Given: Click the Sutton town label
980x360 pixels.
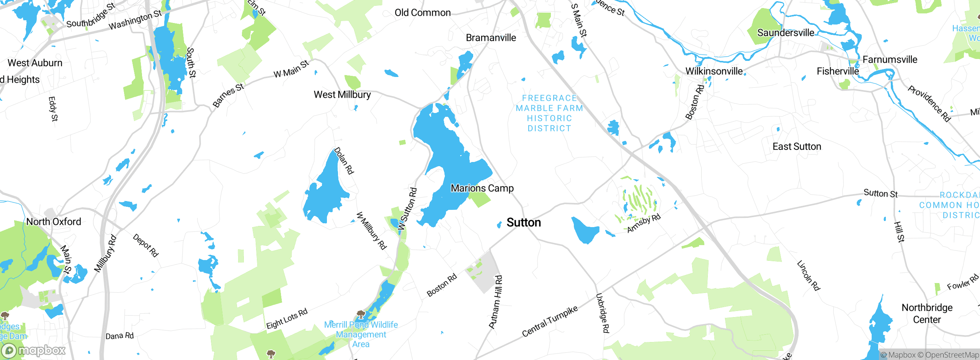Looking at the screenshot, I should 524,223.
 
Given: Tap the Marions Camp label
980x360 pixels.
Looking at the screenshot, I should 482,188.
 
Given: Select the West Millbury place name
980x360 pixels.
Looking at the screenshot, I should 342,95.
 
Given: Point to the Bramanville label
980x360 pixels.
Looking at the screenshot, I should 491,38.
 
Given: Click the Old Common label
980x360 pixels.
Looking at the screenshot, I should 423,13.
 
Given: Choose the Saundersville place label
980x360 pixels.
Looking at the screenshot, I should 786,33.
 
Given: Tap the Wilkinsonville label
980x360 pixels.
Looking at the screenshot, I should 714,71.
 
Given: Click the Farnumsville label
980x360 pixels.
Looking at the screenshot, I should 890,59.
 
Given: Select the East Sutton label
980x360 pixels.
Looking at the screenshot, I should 797,146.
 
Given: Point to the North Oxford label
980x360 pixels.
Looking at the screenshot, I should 54,221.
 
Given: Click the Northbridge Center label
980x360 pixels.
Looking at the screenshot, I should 927,313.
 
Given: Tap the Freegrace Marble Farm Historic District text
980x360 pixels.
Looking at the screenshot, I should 549,113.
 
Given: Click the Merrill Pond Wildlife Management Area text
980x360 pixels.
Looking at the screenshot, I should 361,334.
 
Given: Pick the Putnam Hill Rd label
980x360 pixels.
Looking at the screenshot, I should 496,302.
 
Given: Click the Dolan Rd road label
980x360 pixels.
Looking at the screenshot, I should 344,161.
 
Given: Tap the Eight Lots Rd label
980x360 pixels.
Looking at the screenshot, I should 287,319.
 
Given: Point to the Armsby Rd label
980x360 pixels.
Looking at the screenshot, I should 644,223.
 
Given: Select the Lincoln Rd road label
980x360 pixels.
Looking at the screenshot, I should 808,275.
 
